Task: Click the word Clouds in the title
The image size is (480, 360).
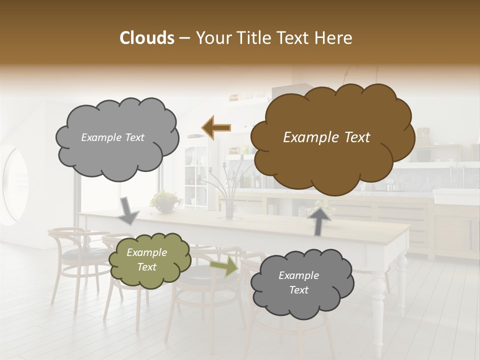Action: pos(147,38)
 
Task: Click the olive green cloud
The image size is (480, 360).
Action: pos(149,259)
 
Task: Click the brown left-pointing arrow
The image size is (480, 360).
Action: pos(216,128)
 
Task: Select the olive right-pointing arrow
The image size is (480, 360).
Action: pos(224,266)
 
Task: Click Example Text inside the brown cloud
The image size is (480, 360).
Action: pos(326,137)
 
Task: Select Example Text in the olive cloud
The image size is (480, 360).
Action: pos(146,259)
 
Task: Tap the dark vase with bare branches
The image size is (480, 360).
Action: pos(229,207)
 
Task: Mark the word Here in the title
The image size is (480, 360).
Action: pos(335,38)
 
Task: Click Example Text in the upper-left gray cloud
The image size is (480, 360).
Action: pos(112,137)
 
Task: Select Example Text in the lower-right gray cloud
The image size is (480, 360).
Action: pos(298,282)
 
